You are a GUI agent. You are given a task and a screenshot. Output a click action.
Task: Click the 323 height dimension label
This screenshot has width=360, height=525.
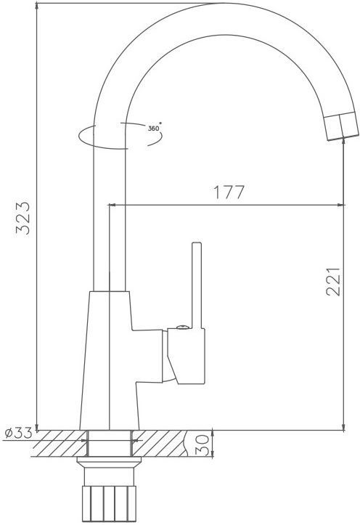pyautogui.click(x=23, y=218)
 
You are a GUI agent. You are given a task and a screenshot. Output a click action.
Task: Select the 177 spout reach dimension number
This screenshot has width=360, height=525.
pyautogui.click(x=229, y=192)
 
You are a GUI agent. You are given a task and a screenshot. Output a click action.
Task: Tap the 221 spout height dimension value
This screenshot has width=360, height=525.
pyautogui.click(x=333, y=282)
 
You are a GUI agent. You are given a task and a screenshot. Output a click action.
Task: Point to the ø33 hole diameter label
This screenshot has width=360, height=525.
pyautogui.click(x=19, y=434)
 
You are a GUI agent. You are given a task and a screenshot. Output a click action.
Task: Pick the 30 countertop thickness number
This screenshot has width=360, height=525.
pyautogui.click(x=202, y=446)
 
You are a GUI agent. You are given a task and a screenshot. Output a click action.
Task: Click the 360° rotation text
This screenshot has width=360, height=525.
pyautogui.click(x=155, y=128)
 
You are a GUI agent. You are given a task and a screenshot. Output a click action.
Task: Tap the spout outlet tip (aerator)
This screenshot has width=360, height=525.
pyautogui.click(x=342, y=126)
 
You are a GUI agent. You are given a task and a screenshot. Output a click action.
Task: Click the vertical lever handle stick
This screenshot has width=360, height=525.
pyautogui.click(x=197, y=285)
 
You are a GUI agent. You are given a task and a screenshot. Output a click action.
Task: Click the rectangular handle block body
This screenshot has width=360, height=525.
pyautogui.click(x=186, y=356)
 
